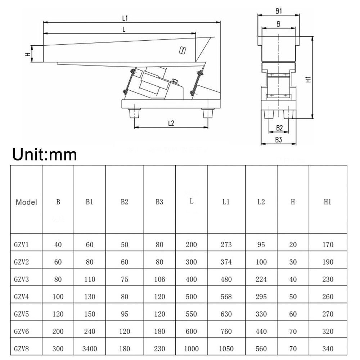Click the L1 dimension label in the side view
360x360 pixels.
(125, 17)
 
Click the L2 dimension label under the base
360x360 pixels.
(171, 123)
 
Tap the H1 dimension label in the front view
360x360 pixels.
(308, 79)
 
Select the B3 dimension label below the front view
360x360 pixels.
(278, 140)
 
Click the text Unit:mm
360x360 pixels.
(45, 154)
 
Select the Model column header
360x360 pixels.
(26, 202)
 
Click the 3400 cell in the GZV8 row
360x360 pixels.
(90, 348)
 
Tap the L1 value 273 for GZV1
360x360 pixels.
(226, 245)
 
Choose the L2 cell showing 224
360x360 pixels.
(261, 279)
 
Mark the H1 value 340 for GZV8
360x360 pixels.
(328, 348)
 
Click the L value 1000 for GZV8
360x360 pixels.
(191, 348)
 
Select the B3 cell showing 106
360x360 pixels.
(159, 279)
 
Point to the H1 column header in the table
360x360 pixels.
(328, 202)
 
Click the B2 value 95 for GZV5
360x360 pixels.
(125, 314)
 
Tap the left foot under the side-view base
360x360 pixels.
(135, 113)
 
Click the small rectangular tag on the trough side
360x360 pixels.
(183, 50)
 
